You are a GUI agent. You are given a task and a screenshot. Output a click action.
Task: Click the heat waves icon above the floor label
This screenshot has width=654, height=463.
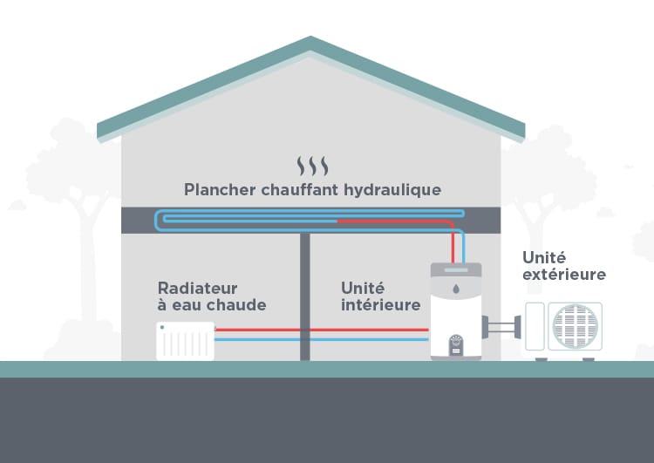click(x=312, y=167)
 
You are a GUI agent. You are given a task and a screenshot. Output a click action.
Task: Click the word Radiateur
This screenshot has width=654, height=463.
click(x=197, y=288)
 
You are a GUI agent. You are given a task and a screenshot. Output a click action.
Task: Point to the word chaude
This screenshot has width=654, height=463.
click(x=241, y=305)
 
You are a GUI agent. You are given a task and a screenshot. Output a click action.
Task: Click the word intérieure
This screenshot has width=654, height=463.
click(x=380, y=305)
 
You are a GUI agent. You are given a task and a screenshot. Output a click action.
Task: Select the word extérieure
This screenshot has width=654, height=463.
click(x=563, y=275)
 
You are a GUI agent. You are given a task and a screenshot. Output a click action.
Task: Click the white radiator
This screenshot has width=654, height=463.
click(x=185, y=340)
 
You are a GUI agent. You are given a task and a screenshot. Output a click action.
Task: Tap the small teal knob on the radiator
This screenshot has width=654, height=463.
click(x=162, y=328)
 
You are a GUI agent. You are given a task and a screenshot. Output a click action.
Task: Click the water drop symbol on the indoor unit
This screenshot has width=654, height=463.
click(x=456, y=287)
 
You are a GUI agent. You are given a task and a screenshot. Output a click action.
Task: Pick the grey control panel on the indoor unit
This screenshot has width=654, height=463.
click(x=456, y=345)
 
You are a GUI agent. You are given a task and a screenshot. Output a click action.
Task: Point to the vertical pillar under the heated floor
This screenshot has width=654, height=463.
click(x=305, y=296)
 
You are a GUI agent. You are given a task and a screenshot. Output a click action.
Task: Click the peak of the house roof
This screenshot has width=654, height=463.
click(x=310, y=41)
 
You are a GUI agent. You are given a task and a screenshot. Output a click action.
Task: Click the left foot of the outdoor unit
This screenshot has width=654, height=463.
click(x=542, y=357)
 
